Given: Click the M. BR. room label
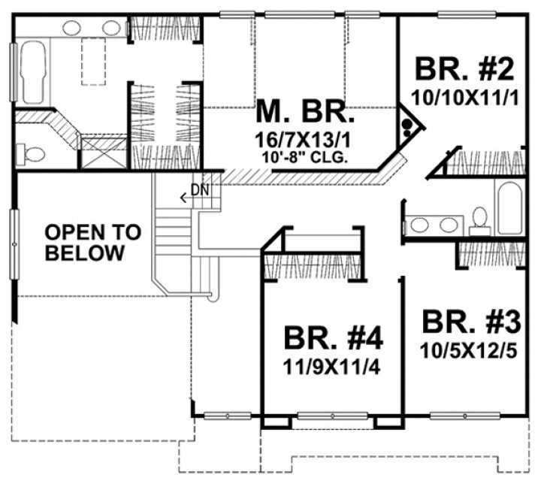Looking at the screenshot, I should (x=304, y=113).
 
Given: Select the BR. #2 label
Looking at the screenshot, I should (x=464, y=69).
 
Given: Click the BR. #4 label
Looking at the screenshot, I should (x=334, y=339).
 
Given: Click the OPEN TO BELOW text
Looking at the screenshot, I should (x=92, y=243).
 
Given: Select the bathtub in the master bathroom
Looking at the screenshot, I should (x=34, y=73).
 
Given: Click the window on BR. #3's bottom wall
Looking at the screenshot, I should (x=465, y=415).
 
